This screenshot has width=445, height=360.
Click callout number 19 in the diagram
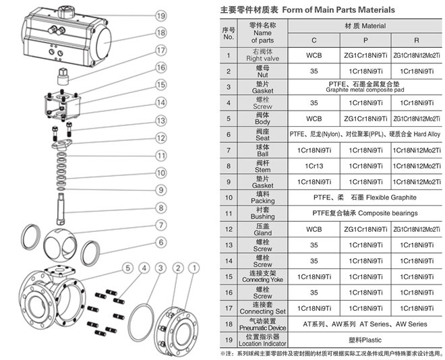coord(160,16)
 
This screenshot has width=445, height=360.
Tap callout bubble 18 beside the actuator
coord(160,32)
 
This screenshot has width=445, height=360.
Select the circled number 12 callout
coord(160,138)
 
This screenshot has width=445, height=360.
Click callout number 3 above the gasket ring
coord(160,268)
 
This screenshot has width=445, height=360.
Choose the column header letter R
coord(416,40)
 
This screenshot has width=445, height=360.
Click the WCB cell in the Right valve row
coord(314,55)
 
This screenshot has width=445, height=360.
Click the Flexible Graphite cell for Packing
coord(365,198)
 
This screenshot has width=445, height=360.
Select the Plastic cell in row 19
coord(365,340)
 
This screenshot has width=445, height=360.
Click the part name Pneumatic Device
coord(262,328)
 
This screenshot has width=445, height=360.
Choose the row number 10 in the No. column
coord(229,198)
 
